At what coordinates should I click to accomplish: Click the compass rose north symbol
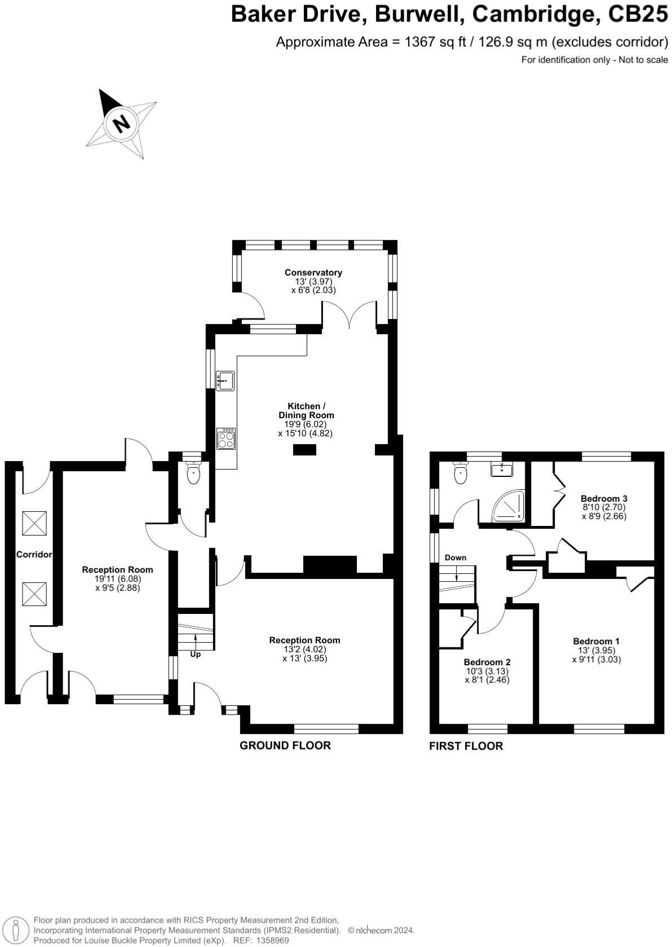tap(120, 122)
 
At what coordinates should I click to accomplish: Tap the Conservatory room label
tap(313, 273)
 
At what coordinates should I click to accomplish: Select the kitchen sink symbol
tap(226, 380)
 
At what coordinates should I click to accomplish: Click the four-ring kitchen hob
tap(226, 438)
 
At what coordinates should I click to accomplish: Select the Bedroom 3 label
tap(604, 498)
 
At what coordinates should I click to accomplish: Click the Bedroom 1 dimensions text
tap(596, 654)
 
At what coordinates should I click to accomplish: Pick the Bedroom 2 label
tap(487, 662)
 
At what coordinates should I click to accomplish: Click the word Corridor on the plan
tap(34, 555)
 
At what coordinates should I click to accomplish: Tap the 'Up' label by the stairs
tap(195, 654)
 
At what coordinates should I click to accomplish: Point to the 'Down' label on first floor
tap(456, 557)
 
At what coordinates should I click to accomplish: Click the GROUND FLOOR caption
tap(285, 745)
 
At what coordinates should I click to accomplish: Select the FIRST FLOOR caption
tap(466, 746)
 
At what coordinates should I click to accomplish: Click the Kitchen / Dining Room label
tap(306, 410)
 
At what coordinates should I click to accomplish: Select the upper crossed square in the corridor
tap(34, 523)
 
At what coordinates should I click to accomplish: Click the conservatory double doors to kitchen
tap(349, 316)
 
